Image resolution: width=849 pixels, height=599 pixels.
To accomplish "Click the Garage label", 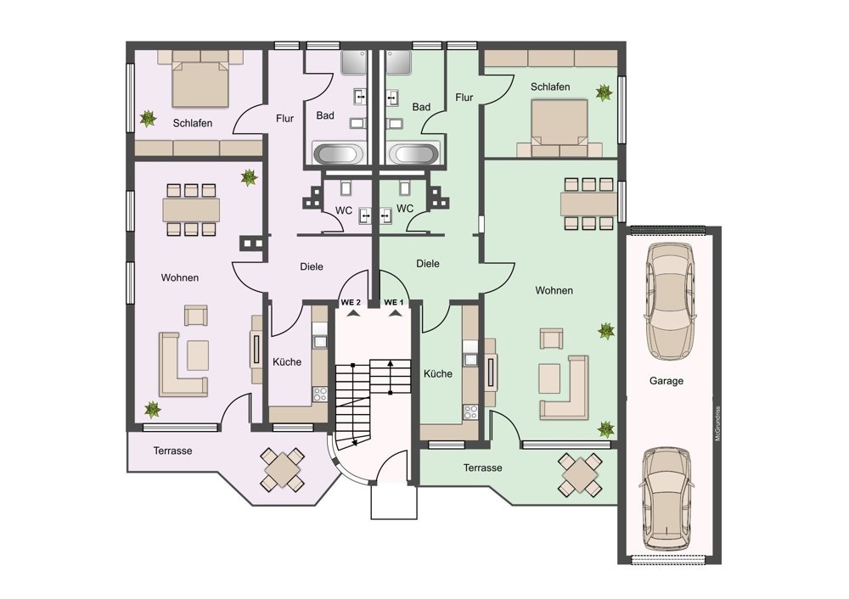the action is pyautogui.click(x=666, y=381).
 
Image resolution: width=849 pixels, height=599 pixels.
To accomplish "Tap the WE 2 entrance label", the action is pyautogui.click(x=351, y=303).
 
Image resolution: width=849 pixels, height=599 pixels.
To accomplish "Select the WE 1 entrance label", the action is pyautogui.click(x=394, y=303).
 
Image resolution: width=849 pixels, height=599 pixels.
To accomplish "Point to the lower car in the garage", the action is pyautogui.click(x=666, y=498).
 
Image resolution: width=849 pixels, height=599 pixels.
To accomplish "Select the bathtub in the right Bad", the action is pyautogui.click(x=413, y=154).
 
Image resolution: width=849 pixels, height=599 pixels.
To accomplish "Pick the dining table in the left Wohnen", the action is pyautogui.click(x=191, y=210).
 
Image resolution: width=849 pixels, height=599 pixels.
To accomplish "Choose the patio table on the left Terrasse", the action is pyautogui.click(x=282, y=469).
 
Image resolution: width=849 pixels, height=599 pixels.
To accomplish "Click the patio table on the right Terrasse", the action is pyautogui.click(x=581, y=474).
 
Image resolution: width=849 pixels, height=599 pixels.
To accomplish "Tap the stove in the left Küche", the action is pyautogui.click(x=320, y=394).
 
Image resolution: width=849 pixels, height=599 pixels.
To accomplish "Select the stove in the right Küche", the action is pyautogui.click(x=470, y=412).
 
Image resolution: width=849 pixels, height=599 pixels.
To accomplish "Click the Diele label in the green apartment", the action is pyautogui.click(x=428, y=264).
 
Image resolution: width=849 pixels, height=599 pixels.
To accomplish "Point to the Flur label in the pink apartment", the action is pyautogui.click(x=284, y=119).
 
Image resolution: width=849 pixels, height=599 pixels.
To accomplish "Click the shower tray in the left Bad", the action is pyautogui.click(x=355, y=63).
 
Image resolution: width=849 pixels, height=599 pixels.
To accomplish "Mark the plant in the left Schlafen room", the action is pyautogui.click(x=147, y=118).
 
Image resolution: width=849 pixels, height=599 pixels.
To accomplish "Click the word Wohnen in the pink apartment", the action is pyautogui.click(x=180, y=278).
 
